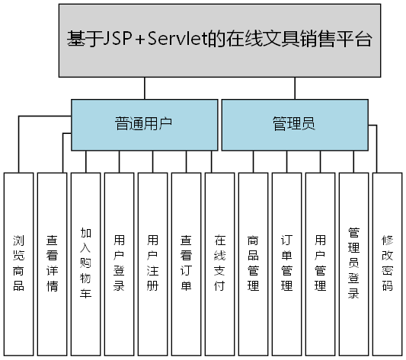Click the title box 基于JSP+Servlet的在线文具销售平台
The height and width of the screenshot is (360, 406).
(219, 40)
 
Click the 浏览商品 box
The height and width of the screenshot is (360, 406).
(19, 263)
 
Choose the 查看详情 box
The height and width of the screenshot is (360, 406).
(53, 263)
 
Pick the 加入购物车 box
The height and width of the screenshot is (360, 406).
(86, 263)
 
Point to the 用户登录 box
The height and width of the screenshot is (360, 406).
(120, 263)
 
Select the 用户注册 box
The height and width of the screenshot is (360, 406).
(153, 263)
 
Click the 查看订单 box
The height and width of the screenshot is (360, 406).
(187, 263)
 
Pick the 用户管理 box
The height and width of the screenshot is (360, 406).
(321, 263)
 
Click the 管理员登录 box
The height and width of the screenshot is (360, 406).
(354, 263)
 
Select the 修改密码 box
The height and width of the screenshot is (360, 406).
(388, 263)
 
